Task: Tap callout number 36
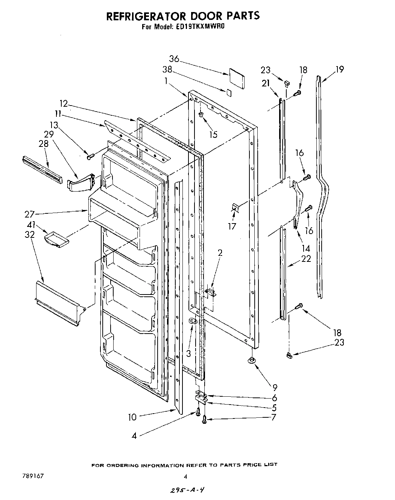(174, 59)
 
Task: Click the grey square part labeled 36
(236, 78)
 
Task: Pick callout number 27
(29, 215)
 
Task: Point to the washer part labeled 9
(251, 361)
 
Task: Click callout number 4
(134, 436)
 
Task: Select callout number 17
(232, 226)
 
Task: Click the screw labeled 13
(90, 157)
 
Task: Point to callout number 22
(306, 258)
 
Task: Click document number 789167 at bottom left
(33, 476)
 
